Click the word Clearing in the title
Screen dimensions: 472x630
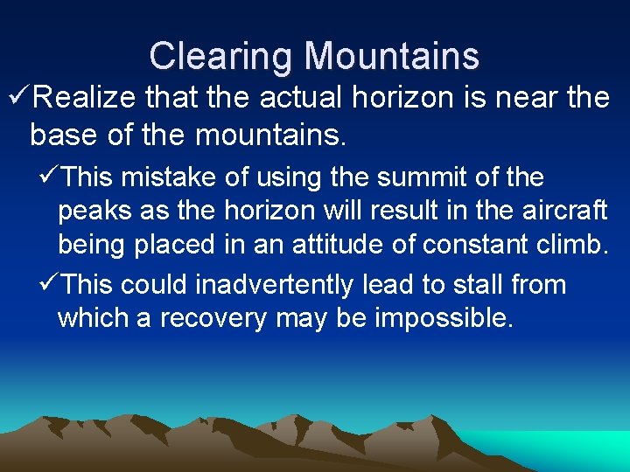click(x=220, y=56)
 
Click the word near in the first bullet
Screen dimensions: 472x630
click(x=525, y=98)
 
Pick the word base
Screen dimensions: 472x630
click(x=61, y=135)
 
